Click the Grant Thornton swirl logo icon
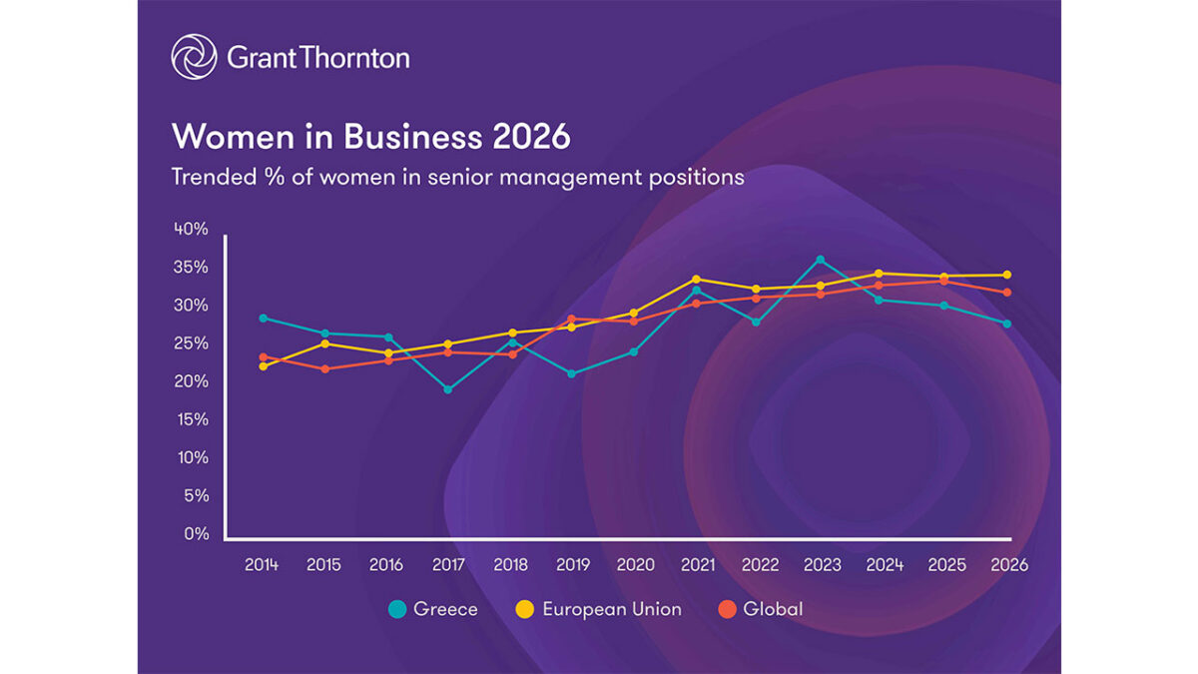[194, 57]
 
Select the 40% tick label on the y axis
[191, 229]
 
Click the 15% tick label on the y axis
[191, 419]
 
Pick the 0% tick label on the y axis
[198, 533]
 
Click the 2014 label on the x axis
[262, 565]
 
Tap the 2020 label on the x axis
[636, 565]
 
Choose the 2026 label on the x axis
[1009, 565]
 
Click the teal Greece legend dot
[397, 609]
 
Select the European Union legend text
[611, 609]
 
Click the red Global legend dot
[727, 609]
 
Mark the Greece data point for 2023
[821, 260]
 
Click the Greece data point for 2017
[448, 389]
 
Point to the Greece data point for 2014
[263, 318]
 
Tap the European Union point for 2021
[697, 280]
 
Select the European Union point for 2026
[1007, 275]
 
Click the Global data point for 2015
[324, 368]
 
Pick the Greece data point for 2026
[1007, 324]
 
